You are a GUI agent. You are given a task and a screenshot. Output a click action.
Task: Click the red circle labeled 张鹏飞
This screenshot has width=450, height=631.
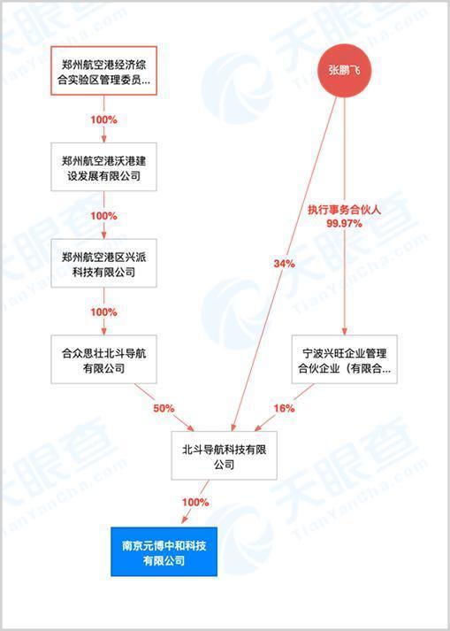pyautogui.click(x=344, y=71)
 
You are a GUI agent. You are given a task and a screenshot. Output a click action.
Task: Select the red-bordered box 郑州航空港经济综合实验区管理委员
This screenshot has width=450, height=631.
pyautogui.click(x=103, y=71)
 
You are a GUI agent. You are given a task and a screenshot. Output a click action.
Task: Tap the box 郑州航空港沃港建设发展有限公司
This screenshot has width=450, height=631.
pyautogui.click(x=103, y=166)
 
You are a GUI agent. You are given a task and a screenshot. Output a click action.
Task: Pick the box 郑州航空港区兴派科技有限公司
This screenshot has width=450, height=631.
pyautogui.click(x=103, y=263)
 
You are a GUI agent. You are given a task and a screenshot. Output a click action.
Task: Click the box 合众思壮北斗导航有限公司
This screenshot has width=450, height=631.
pyautogui.click(x=103, y=359)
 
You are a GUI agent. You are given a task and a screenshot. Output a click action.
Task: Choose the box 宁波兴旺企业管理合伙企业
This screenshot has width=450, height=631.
pyautogui.click(x=344, y=359)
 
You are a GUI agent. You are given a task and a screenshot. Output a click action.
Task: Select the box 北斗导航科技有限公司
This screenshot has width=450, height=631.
pyautogui.click(x=224, y=456)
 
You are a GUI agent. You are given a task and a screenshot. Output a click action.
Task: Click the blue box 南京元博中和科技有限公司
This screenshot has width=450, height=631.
pyautogui.click(x=164, y=551)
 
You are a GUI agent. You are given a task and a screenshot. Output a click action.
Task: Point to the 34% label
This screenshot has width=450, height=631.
pyautogui.click(x=285, y=264)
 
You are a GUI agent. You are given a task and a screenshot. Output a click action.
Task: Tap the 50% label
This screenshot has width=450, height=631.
pyautogui.click(x=164, y=409)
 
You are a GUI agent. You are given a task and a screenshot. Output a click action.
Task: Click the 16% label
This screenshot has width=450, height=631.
pyautogui.click(x=285, y=409)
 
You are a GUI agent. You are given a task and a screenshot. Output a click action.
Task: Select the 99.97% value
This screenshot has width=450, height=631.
pyautogui.click(x=344, y=223)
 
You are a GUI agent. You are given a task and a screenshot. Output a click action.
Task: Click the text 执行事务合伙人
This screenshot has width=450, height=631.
pyautogui.click(x=344, y=210)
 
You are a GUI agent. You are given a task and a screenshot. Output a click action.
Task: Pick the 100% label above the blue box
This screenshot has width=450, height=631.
pyautogui.click(x=195, y=502)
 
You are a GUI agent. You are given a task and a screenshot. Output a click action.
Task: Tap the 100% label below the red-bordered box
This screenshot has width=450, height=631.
pyautogui.click(x=103, y=119)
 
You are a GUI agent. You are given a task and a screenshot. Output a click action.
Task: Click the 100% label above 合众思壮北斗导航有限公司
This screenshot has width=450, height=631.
pyautogui.click(x=103, y=312)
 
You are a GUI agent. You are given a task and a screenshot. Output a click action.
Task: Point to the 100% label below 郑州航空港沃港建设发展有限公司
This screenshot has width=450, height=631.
pyautogui.click(x=103, y=216)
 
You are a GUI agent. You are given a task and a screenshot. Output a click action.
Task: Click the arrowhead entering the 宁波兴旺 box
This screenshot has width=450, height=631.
pyautogui.click(x=344, y=331)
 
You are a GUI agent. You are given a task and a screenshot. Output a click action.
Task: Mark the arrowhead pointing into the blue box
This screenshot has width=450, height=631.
pyautogui.click(x=185, y=519)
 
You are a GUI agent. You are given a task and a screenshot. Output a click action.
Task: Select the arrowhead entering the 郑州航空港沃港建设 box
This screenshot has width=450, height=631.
pyautogui.click(x=103, y=138)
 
